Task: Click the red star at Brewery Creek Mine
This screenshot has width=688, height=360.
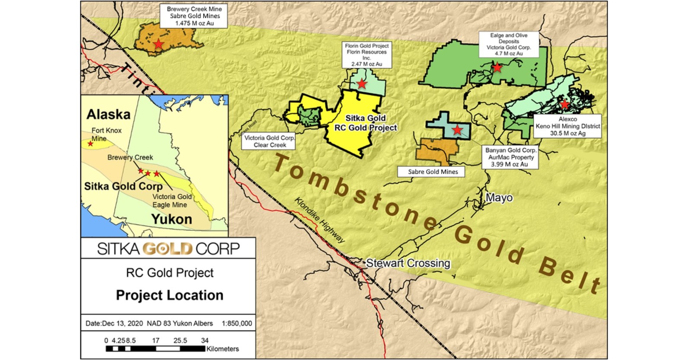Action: click(x=159, y=44)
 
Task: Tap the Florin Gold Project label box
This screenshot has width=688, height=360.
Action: click(x=366, y=54)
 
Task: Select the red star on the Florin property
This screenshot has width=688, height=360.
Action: click(x=362, y=83)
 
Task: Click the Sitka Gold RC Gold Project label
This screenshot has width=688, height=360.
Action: click(x=366, y=123)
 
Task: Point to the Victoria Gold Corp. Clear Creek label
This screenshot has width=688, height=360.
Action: click(x=270, y=141)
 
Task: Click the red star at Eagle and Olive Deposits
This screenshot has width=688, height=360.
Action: click(x=497, y=67)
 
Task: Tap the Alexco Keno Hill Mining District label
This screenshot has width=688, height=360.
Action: click(x=567, y=126)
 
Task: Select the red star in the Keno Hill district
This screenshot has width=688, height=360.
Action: click(x=564, y=104)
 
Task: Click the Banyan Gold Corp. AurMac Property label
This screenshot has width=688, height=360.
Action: click(x=510, y=157)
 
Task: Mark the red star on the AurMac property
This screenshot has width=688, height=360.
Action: click(x=457, y=130)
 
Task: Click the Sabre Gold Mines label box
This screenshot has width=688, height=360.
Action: click(x=433, y=172)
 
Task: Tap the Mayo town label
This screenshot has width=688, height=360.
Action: click(x=499, y=198)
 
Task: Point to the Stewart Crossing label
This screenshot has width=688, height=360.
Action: click(x=408, y=263)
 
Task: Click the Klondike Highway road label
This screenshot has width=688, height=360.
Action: click(x=320, y=220)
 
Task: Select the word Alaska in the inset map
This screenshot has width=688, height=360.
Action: click(x=108, y=115)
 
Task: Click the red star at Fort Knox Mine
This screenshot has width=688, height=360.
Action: click(x=90, y=143)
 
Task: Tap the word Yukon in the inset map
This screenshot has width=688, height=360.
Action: click(x=172, y=219)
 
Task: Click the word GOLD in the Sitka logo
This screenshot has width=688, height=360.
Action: click(x=167, y=249)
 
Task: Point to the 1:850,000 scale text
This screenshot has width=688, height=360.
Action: click(x=236, y=323)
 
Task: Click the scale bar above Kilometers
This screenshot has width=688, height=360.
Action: click(x=155, y=348)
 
